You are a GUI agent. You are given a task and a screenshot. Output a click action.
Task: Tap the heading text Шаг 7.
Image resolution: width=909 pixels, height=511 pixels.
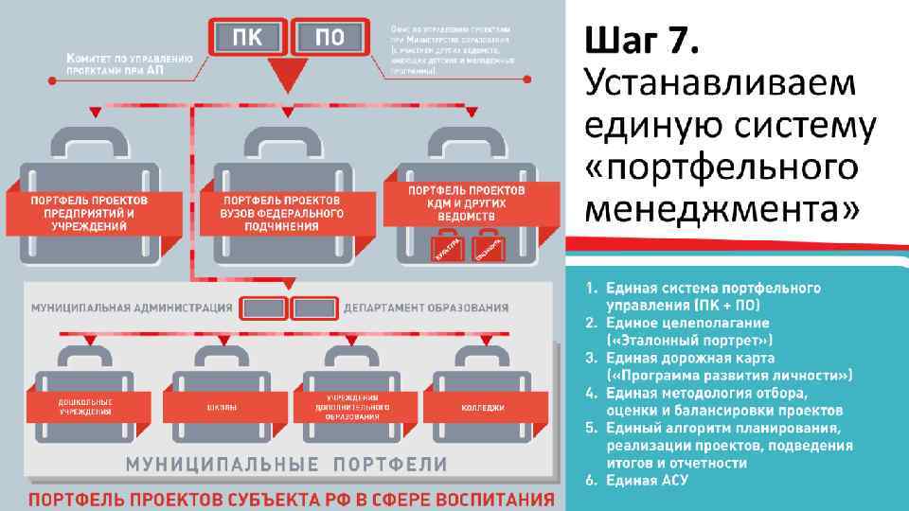[x=643, y=41]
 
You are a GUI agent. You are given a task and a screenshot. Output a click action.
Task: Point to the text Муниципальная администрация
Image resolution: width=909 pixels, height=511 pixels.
[x=132, y=308]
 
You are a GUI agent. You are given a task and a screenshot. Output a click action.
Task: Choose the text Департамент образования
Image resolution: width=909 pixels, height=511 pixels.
[x=426, y=308]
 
